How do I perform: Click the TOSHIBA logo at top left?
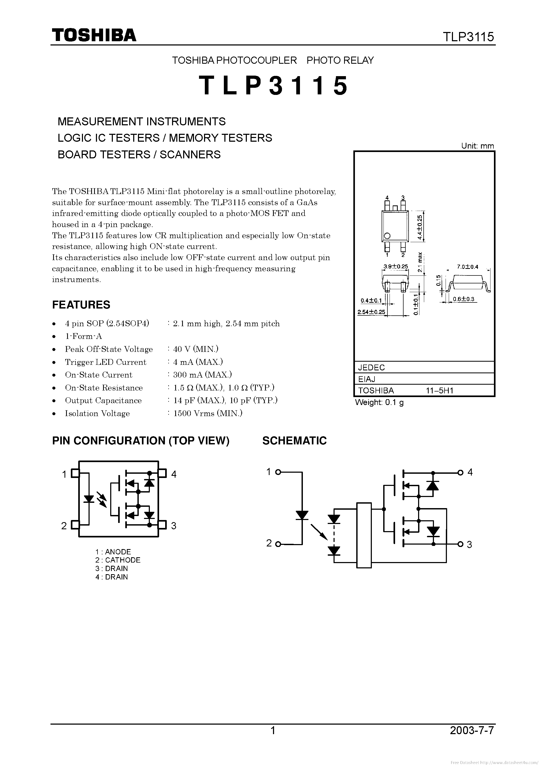point(94,35)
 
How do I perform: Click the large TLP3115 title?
point(273,85)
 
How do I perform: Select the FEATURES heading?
point(81,305)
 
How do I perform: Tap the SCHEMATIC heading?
point(295,441)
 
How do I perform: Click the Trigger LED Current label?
point(106,362)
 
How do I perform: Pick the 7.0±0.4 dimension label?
point(468,267)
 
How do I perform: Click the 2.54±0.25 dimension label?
point(371,312)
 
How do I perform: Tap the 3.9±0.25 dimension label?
point(396,266)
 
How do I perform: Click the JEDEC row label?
point(372,367)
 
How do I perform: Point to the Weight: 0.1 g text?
point(380,403)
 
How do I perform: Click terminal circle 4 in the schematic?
point(460,473)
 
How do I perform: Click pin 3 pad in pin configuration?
point(163,525)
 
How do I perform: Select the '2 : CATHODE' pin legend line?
point(118,560)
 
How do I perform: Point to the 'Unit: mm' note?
point(478,146)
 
